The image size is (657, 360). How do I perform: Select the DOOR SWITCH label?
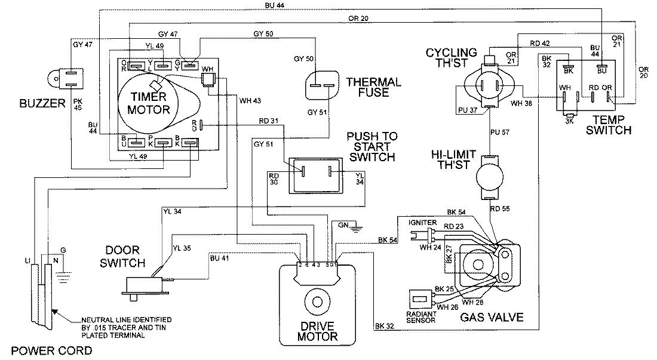[x=124, y=256]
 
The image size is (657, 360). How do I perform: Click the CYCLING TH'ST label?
[x=452, y=58]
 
